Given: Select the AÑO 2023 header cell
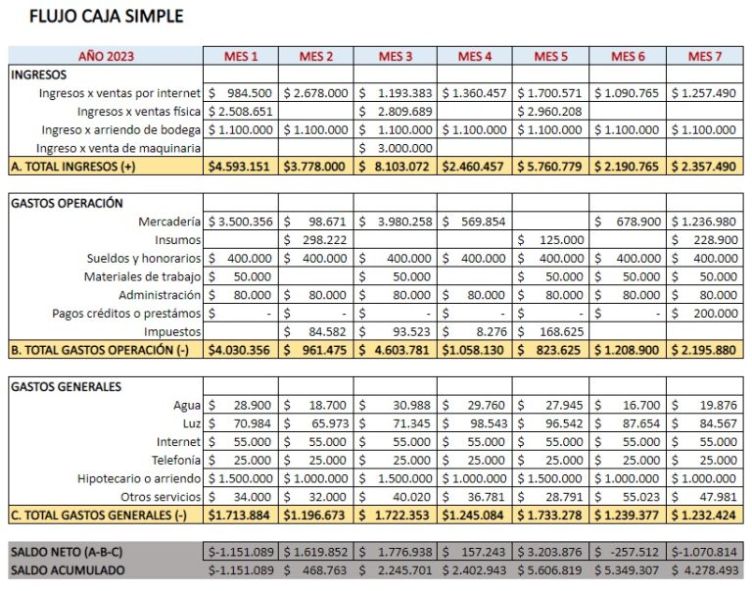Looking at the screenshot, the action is click(106, 56).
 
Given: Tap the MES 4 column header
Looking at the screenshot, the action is click(474, 56).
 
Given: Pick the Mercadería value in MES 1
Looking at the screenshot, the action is click(241, 222).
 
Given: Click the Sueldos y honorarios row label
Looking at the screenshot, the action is click(144, 258).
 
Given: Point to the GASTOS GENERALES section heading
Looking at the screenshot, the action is click(66, 386).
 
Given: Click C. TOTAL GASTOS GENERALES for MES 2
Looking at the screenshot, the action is click(315, 516).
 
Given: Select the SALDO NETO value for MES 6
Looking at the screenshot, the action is click(630, 551).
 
